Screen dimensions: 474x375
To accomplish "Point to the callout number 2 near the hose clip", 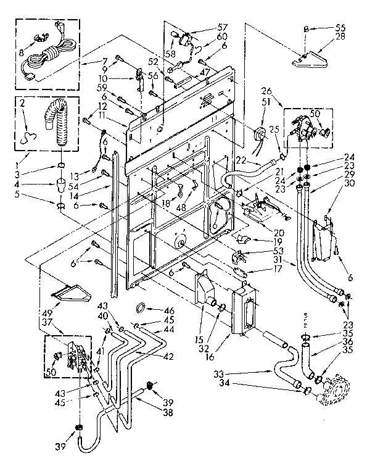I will [x=23, y=106].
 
